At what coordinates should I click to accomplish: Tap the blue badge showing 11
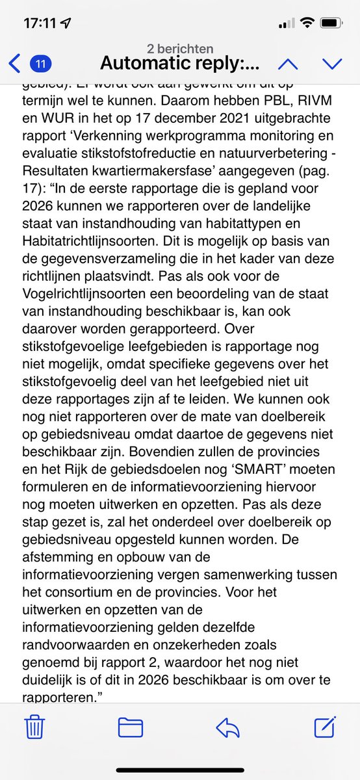[x=41, y=64]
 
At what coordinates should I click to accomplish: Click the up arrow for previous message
[x=288, y=64]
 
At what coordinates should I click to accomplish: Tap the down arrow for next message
[x=332, y=64]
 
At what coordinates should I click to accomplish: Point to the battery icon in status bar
[x=329, y=23]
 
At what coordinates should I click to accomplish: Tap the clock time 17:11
[x=40, y=23]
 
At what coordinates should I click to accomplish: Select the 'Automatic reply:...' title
[x=180, y=64]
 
